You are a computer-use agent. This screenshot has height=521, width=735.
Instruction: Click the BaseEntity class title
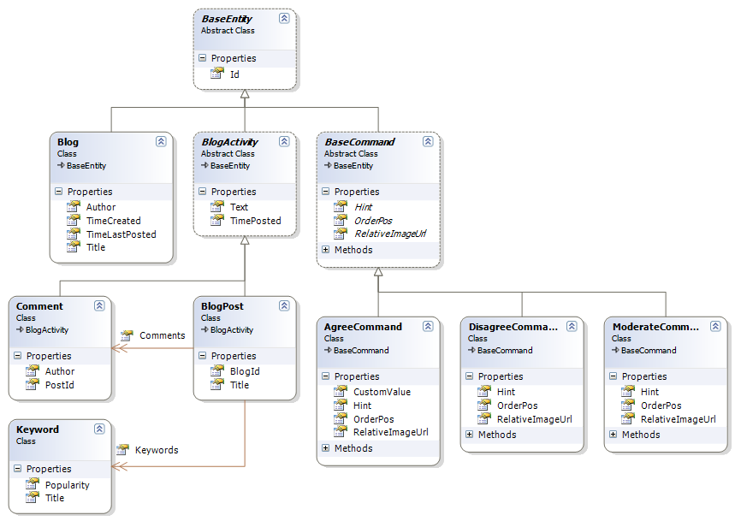coord(227,18)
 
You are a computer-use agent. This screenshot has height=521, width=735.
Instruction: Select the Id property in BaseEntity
coord(235,74)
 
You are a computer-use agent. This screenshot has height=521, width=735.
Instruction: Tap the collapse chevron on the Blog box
coord(161,141)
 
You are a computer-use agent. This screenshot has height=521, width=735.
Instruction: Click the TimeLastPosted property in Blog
coord(121,234)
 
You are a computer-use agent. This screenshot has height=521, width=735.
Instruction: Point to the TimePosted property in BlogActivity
coord(255,220)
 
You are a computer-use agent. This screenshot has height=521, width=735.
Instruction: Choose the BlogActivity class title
coord(229,141)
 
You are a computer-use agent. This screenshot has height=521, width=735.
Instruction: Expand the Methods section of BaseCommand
coord(325,250)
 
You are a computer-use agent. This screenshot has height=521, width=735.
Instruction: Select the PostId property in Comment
coord(59,385)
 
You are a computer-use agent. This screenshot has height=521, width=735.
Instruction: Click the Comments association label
coord(162,335)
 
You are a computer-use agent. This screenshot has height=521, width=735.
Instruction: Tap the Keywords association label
coord(157,450)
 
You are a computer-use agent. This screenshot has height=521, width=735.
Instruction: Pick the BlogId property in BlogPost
coord(245,371)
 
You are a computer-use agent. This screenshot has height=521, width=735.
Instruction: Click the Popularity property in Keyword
coord(67,484)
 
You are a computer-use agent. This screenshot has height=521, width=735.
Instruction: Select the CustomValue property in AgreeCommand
coord(382,392)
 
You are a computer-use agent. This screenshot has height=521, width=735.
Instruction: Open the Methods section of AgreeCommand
coord(325,448)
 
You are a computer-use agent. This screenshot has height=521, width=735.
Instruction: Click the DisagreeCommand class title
coord(513,326)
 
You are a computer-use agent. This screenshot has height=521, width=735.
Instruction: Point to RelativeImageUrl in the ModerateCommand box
coord(678,419)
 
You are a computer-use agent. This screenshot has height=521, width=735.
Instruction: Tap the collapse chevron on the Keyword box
coord(99,429)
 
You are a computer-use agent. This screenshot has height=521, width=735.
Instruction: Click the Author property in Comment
coord(60,371)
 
